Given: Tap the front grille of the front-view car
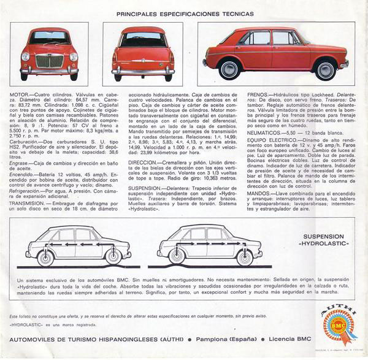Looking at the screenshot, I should (x=49, y=61).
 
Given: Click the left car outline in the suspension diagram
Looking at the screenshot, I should (x=78, y=242).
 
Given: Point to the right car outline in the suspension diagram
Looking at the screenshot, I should (x=210, y=242).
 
